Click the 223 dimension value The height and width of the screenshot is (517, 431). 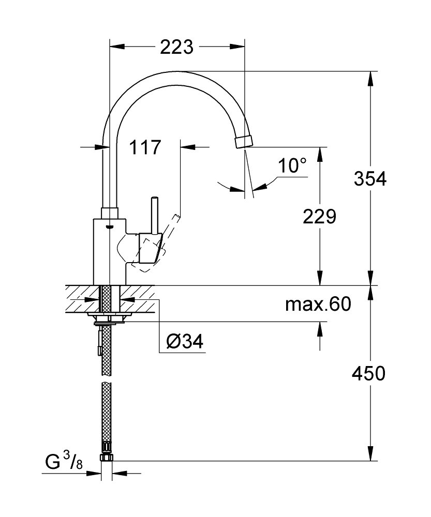(176, 47)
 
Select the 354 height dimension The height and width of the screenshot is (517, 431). (370, 179)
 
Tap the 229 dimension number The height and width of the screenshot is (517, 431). (319, 217)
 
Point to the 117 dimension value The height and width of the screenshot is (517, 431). (144, 147)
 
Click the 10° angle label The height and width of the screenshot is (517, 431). (292, 165)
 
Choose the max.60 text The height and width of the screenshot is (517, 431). (318, 305)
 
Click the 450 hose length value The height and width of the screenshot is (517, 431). (368, 374)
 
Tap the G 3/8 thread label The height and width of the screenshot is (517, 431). (64, 461)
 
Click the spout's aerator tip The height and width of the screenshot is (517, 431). (244, 142)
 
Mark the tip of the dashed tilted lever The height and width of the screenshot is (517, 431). (177, 216)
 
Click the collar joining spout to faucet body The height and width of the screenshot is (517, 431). (110, 213)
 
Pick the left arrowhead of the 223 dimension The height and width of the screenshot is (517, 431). (117, 47)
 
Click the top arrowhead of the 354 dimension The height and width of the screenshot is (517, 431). (370, 79)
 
